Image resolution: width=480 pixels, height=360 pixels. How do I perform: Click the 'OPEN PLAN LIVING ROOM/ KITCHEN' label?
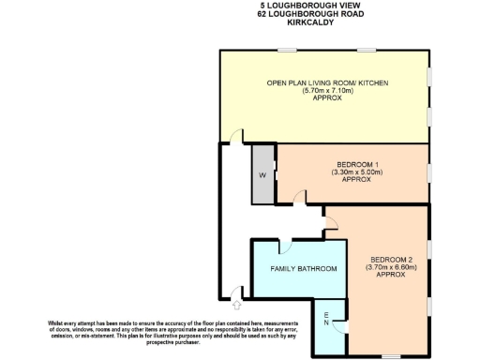point(327,83)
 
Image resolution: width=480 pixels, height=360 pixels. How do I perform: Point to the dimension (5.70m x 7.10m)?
point(326,92)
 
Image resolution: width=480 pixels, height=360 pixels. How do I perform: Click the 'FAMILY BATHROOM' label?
point(303,269)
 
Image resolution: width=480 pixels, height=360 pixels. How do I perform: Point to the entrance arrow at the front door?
point(236,304)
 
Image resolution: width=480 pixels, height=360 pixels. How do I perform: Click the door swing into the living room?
point(238,137)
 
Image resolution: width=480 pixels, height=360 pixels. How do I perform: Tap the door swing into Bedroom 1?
point(298,196)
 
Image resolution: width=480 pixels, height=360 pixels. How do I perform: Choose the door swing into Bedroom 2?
point(331,221)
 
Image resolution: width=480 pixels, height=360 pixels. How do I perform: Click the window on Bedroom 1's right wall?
point(428,173)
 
